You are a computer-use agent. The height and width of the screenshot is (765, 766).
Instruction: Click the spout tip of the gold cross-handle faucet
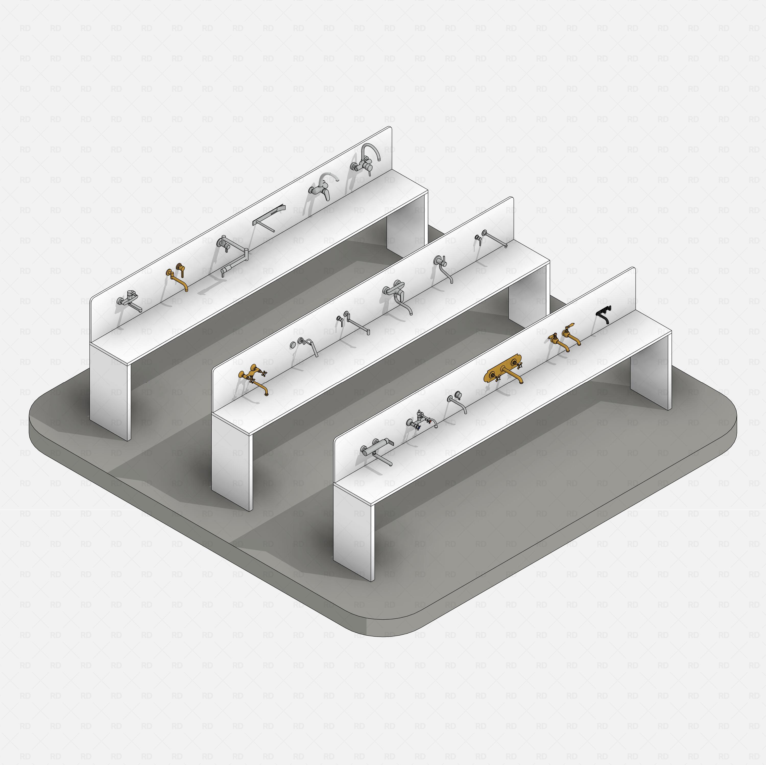click(x=267, y=393)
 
